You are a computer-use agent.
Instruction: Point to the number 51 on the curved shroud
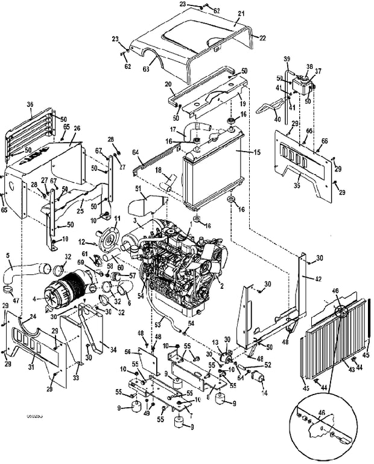(x=138, y=189)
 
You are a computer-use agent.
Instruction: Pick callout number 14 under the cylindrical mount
(x=263, y=392)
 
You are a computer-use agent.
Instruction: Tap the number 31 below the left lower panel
(x=31, y=366)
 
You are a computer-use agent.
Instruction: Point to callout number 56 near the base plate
(x=127, y=352)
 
